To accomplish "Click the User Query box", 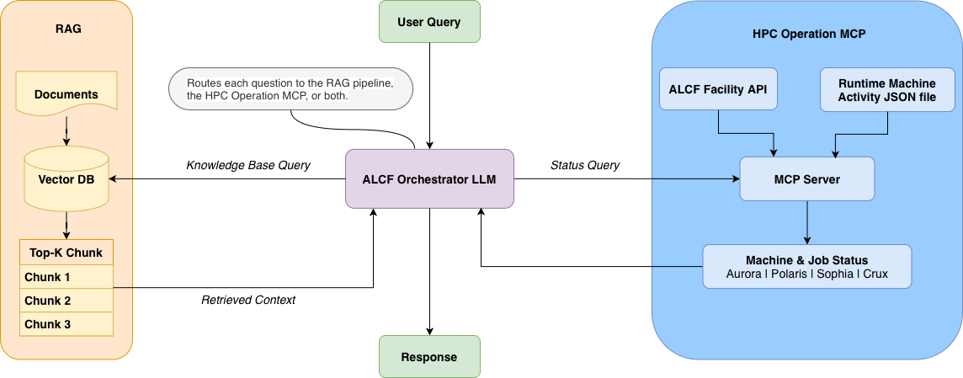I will coord(429,22).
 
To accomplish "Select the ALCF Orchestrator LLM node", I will coord(429,178).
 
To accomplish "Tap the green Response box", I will coord(429,356).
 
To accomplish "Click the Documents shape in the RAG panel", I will coord(67,93).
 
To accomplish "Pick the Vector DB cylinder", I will coord(67,178).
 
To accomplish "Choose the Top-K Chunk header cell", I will coord(67,253).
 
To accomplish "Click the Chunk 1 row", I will coord(67,277).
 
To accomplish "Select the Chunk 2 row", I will coord(67,301).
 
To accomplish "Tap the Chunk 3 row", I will coord(67,324).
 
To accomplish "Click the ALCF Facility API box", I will coord(718,89).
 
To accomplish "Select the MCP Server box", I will coord(806,179).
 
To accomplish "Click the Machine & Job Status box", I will coord(806,267).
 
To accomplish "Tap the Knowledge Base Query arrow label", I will coord(248,165).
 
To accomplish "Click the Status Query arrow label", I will coord(585,165).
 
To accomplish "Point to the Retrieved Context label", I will coord(248,300).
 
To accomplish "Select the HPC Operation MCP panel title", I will coord(808,35).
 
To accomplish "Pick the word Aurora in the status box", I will coord(745,275).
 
